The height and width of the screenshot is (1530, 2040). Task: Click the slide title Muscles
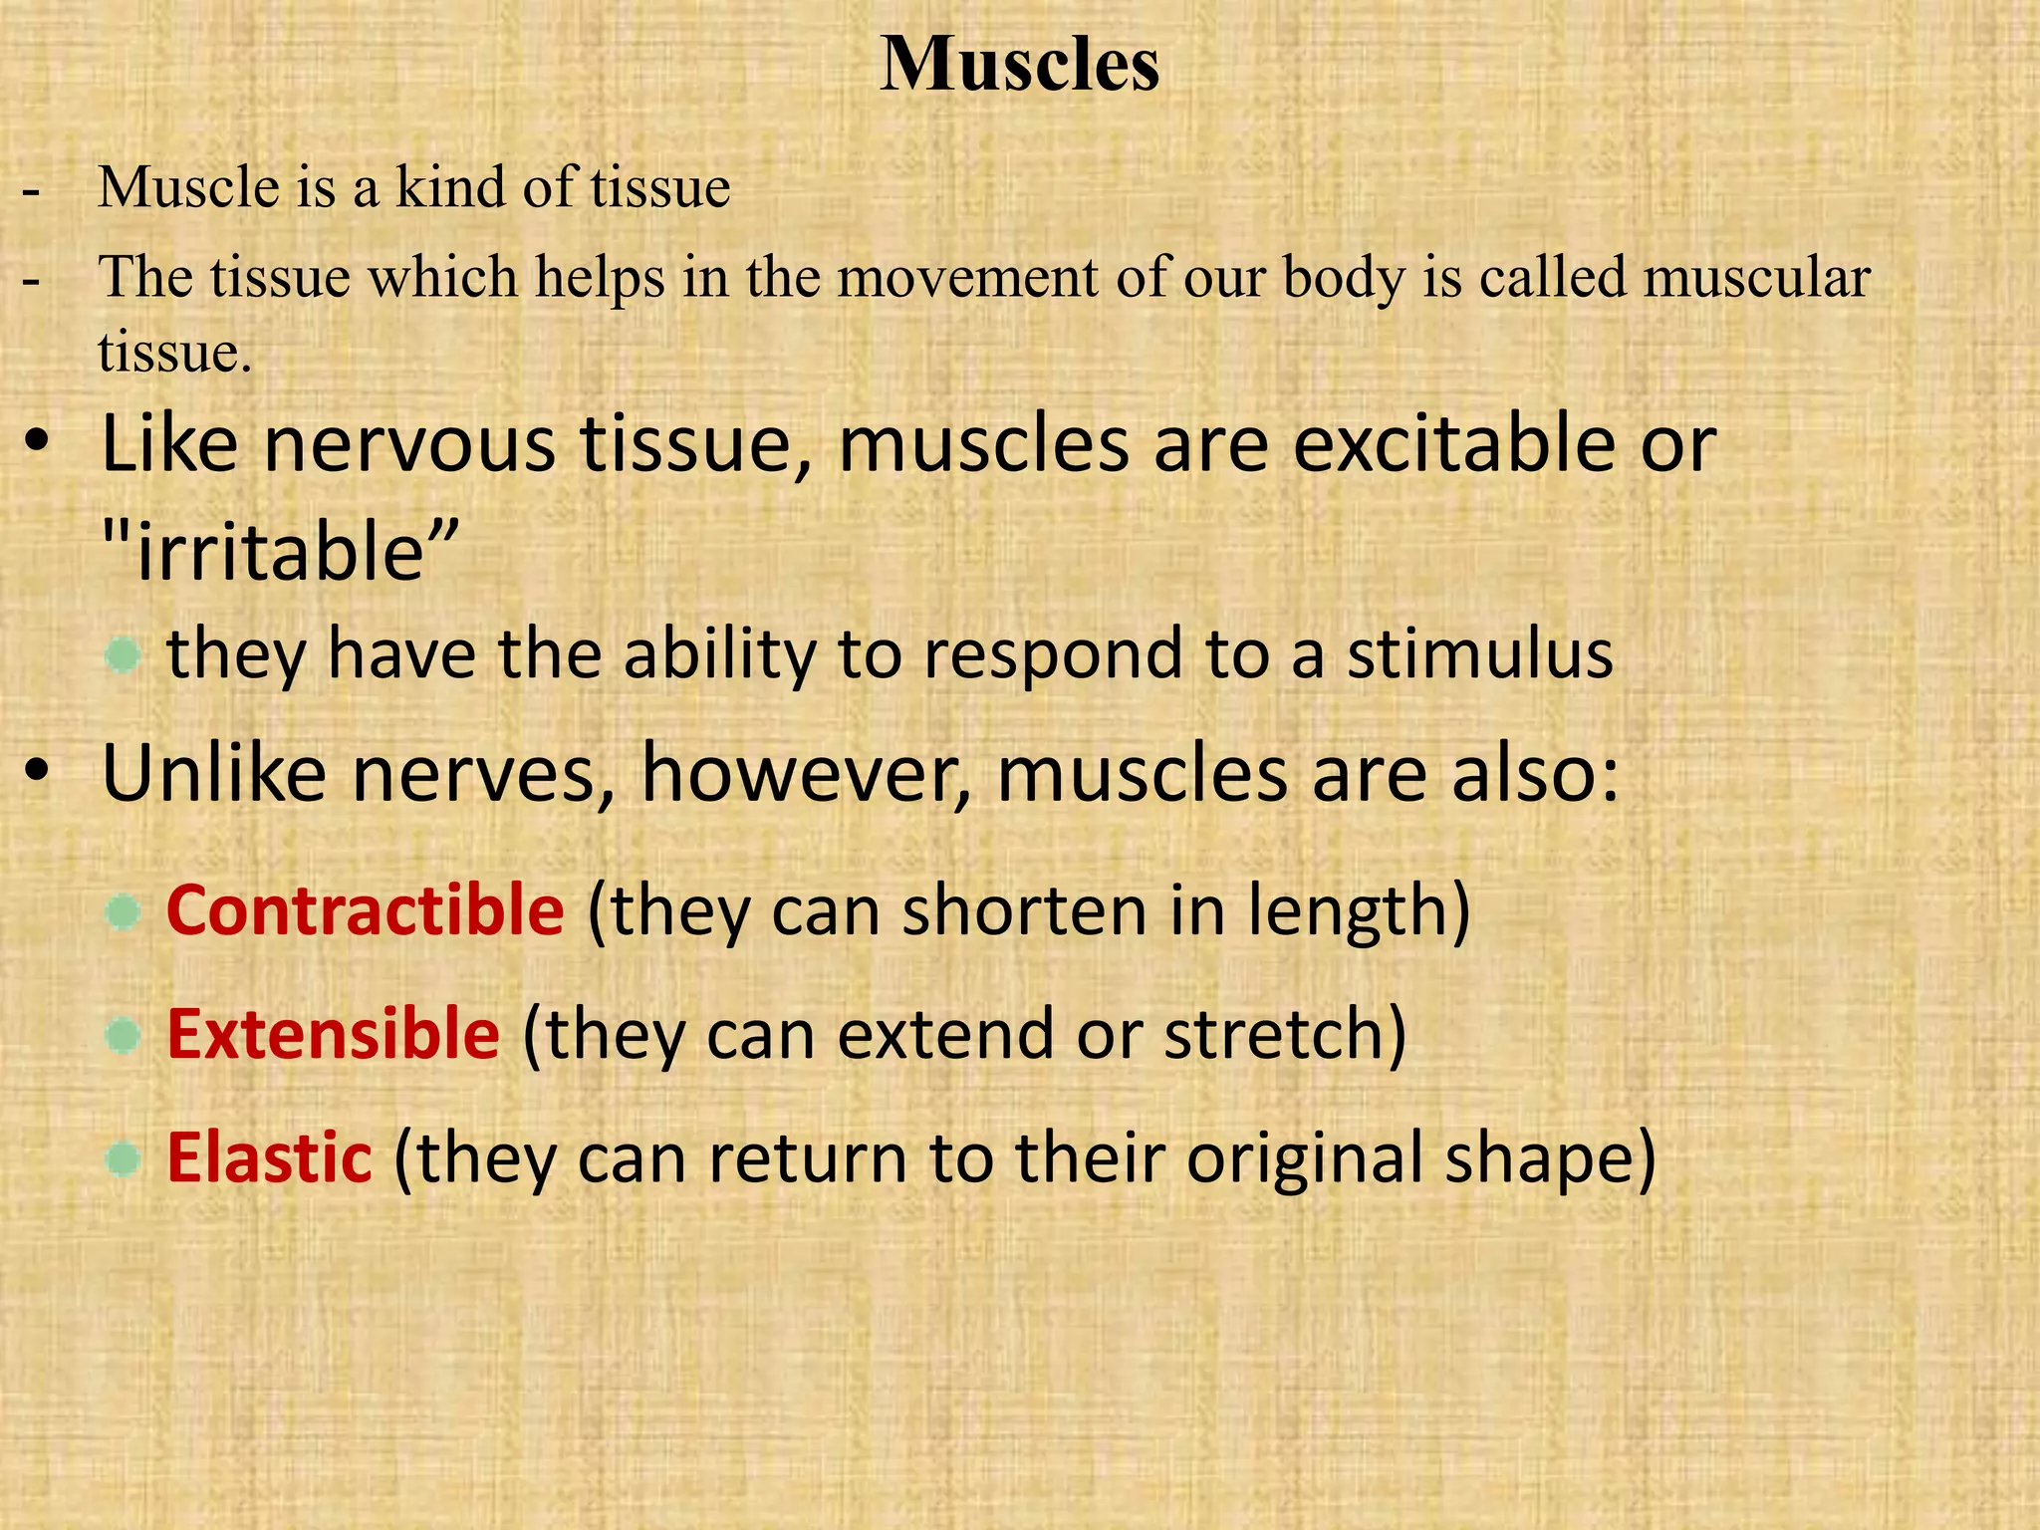[x=1019, y=66]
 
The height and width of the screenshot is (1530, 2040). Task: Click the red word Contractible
[x=366, y=910]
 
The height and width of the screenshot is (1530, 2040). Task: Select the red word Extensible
[x=333, y=1034]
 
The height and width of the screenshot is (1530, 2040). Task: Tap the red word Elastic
[x=269, y=1157]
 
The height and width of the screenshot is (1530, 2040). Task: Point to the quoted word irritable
[x=280, y=553]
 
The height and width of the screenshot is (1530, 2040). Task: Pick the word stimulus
[x=1480, y=654]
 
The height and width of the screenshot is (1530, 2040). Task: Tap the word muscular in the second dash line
[x=1757, y=277]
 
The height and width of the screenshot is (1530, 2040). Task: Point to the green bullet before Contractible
[x=124, y=912]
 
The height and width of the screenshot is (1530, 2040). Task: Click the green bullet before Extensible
[x=124, y=1036]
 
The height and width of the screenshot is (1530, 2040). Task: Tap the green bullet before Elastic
[x=124, y=1159]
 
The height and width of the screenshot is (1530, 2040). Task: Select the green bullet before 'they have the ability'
[x=124, y=655]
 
